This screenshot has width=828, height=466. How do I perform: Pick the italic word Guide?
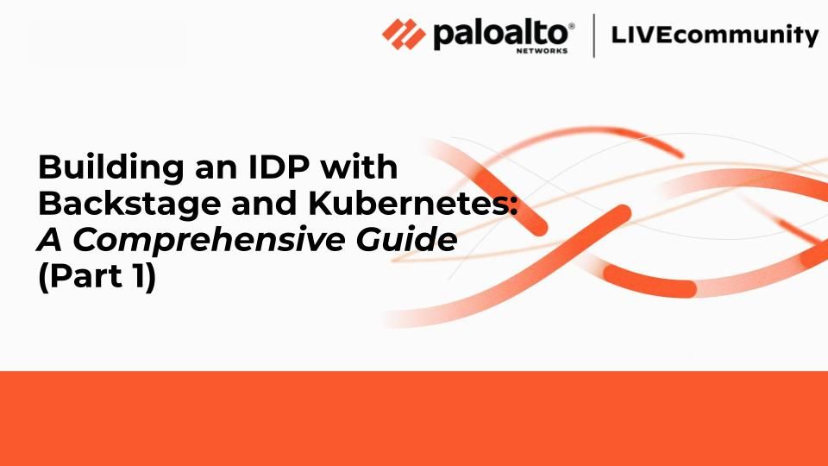[x=406, y=239]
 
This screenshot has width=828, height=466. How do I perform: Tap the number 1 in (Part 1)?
[x=136, y=275]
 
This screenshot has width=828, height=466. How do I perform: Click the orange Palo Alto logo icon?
[x=404, y=35]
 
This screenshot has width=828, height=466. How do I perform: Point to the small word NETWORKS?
[x=542, y=51]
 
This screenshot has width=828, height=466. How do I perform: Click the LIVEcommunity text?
[x=714, y=35]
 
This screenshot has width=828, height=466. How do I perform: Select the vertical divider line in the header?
[x=594, y=35]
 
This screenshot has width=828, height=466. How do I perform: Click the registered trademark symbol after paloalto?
[x=571, y=25]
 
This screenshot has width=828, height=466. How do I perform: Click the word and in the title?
[x=265, y=203]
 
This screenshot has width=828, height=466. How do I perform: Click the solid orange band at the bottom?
[x=414, y=419]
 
